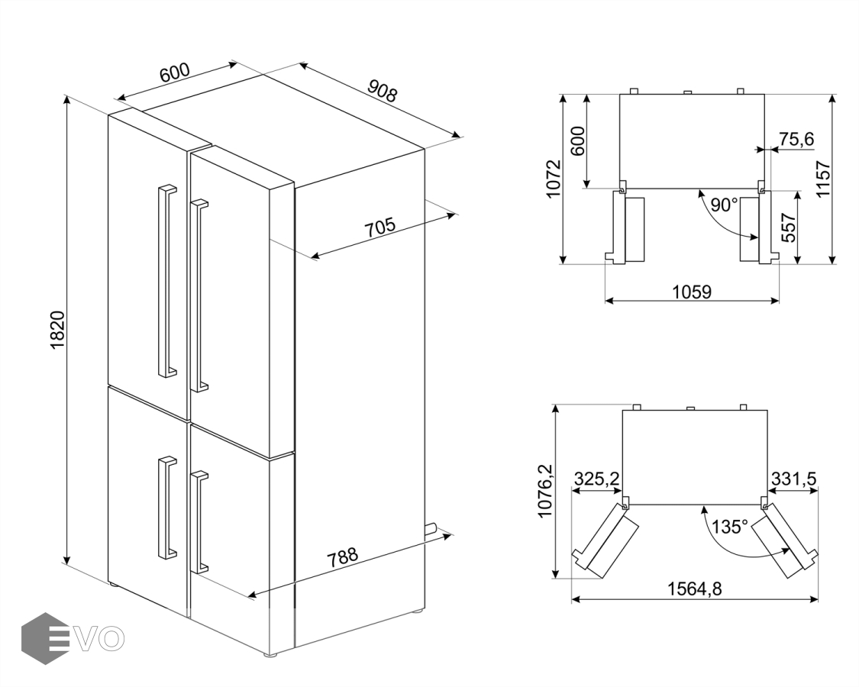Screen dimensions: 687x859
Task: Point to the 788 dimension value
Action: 342,556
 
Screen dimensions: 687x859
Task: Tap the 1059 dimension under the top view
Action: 692,291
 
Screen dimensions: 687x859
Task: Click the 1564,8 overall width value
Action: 694,589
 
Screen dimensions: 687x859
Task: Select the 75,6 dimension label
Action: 796,139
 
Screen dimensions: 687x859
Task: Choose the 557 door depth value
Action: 789,227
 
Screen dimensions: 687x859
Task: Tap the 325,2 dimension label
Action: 596,479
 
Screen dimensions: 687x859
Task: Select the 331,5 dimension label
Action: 794,479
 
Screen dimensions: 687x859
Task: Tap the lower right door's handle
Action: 199,521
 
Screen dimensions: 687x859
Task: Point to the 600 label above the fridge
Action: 174,74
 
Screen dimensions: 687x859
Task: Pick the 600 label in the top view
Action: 578,140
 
